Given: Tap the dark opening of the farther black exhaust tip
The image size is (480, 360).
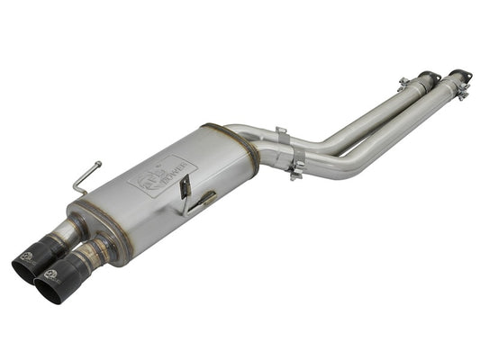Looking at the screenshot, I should coord(24,265).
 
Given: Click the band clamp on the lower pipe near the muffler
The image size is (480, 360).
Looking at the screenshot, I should coord(294,166).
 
